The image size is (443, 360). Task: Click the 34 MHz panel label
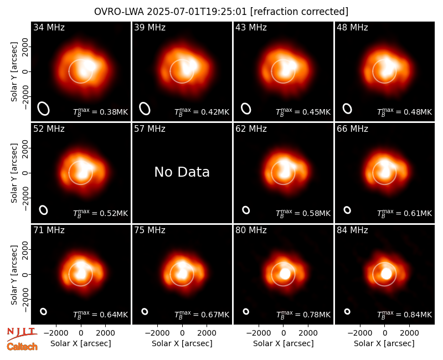pyautogui.click(x=49, y=27)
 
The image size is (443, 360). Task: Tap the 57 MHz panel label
pyautogui.click(x=150, y=129)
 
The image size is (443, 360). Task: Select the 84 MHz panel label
pyautogui.click(x=352, y=230)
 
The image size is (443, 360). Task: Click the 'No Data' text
pyautogui.click(x=182, y=172)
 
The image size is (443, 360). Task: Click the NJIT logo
pyautogui.click(x=22, y=333)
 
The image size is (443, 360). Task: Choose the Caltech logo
pyautogui.click(x=22, y=347)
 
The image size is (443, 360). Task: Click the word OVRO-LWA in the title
pyautogui.click(x=119, y=12)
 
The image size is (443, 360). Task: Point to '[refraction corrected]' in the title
pyautogui.click(x=299, y=12)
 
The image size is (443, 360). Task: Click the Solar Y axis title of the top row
pyautogui.click(x=14, y=72)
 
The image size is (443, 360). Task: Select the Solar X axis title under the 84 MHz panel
pyautogui.click(x=384, y=343)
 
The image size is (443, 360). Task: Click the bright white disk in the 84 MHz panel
pyautogui.click(x=387, y=274)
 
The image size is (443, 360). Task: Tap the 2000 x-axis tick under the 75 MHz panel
pyautogui.click(x=207, y=333)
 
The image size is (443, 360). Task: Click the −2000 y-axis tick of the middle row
pyautogui.click(x=25, y=198)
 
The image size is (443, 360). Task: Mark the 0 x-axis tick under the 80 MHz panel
pyautogui.click(x=283, y=333)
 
